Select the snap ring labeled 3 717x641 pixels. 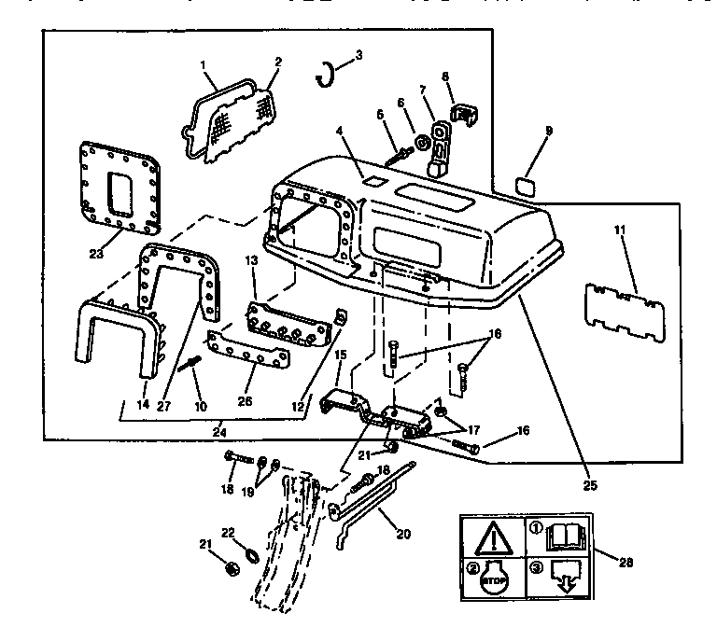point(327,74)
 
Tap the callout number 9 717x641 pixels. point(548,131)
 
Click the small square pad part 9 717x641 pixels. point(526,185)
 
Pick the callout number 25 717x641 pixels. point(589,484)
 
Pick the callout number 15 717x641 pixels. point(341,355)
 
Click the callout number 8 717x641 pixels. point(444,76)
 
